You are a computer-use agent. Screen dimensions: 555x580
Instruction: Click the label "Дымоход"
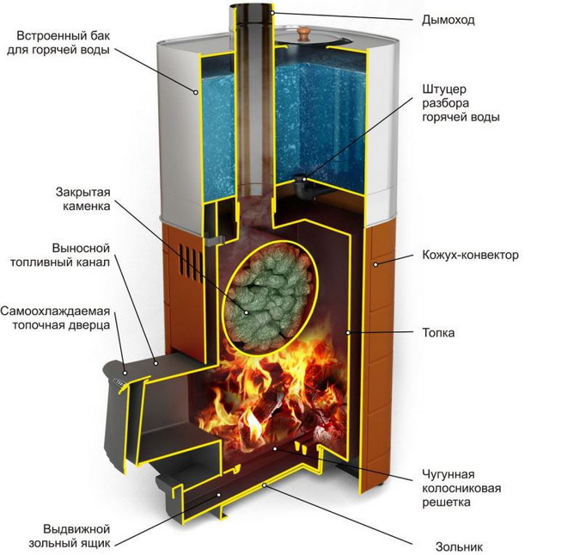(x=449, y=19)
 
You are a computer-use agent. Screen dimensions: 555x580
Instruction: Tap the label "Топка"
(x=438, y=332)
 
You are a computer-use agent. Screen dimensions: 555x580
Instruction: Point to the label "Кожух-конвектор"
(x=470, y=256)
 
